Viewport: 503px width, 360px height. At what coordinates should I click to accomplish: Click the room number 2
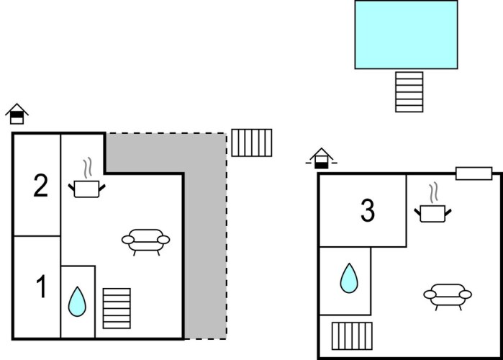pyautogui.click(x=41, y=186)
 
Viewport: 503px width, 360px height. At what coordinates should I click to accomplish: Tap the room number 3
pyautogui.click(x=368, y=212)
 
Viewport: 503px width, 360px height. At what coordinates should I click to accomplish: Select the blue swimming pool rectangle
pyautogui.click(x=406, y=35)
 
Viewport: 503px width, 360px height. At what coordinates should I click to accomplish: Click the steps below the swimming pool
pyautogui.click(x=409, y=91)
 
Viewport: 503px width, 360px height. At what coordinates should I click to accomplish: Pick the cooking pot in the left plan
pyautogui.click(x=87, y=189)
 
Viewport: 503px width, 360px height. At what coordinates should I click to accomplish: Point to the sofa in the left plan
pyautogui.click(x=146, y=240)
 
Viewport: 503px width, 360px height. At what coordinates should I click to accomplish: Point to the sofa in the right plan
pyautogui.click(x=447, y=294)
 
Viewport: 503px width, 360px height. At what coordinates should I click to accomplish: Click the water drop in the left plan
pyautogui.click(x=77, y=302)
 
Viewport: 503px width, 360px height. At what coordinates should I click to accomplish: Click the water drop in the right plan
pyautogui.click(x=349, y=278)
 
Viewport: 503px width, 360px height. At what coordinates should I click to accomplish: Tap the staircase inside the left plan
pyautogui.click(x=117, y=308)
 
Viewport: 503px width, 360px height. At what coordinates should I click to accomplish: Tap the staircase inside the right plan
pyautogui.click(x=353, y=336)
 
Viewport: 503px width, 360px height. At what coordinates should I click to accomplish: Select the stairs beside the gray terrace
pyautogui.click(x=252, y=143)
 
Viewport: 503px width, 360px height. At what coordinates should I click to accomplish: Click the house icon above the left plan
pyautogui.click(x=17, y=114)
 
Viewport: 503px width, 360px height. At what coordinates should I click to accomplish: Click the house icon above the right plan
pyautogui.click(x=322, y=158)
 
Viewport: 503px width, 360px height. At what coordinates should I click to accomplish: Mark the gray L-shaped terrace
pyautogui.click(x=205, y=238)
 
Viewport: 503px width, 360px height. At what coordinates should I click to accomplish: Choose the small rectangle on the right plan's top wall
pyautogui.click(x=474, y=173)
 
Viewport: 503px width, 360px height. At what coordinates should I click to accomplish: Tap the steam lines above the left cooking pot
pyautogui.click(x=88, y=169)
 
